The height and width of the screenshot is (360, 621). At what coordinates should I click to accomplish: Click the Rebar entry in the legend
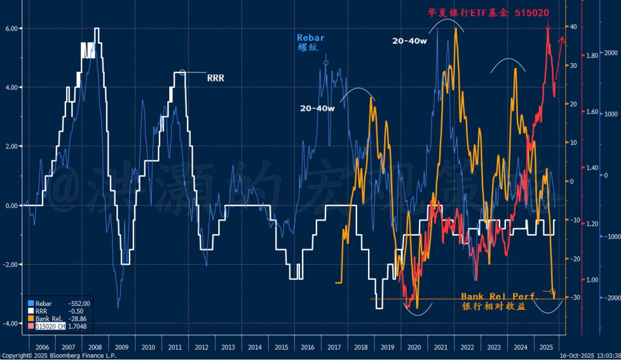pos(44,304)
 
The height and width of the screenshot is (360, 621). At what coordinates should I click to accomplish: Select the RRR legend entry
pos(41,311)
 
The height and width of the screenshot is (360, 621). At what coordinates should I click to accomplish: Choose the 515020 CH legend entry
pos(51,326)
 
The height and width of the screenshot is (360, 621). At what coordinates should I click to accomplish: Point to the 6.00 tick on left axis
pos(14,28)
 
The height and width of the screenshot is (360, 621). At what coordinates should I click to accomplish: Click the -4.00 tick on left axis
pos(13,324)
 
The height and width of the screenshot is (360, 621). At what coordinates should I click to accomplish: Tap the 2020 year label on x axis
pos(413,347)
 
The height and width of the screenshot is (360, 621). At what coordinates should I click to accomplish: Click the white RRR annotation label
pos(216,78)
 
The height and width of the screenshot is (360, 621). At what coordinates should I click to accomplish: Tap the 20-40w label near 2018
pos(316,108)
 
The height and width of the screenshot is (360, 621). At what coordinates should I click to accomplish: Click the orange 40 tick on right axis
pos(573,27)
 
